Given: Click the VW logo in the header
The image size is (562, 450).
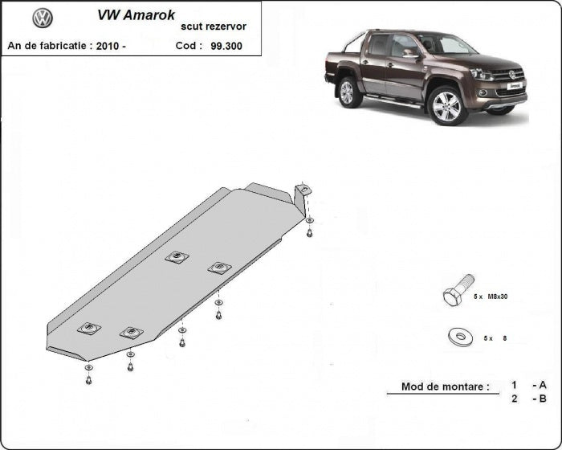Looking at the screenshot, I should pos(43,18).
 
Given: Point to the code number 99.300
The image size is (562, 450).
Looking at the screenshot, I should pos(227,46).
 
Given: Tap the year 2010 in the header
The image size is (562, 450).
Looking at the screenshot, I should pos(107,46).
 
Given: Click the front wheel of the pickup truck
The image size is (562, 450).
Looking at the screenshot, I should pos(446,105).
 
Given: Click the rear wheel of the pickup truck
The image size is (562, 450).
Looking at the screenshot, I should pos(348,92).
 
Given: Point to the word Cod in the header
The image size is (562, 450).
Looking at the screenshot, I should pos(189,46).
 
